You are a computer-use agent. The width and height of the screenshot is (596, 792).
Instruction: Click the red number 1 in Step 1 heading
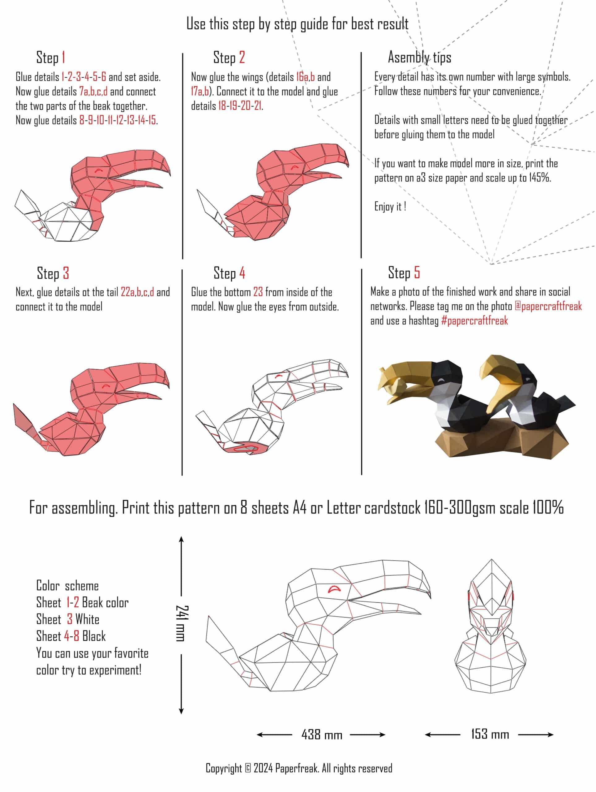coord(63,57)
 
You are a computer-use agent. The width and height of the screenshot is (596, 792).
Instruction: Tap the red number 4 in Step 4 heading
coord(242,273)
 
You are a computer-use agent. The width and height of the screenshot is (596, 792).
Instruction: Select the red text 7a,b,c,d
coord(93,91)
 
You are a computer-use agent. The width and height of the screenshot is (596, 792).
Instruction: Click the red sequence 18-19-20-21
coord(240,106)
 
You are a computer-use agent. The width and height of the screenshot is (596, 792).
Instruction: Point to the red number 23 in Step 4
coord(258,292)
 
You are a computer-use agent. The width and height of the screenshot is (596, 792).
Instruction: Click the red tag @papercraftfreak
coord(548,306)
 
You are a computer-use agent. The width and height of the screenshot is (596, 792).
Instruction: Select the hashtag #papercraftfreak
coord(475,321)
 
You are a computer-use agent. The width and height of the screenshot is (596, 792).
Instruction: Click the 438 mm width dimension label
coord(322,735)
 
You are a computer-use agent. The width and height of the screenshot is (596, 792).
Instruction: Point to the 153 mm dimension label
coord(490,734)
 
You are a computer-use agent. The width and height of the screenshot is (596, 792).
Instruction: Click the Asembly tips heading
coord(419,57)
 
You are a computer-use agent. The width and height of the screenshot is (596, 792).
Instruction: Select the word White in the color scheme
coord(87,619)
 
